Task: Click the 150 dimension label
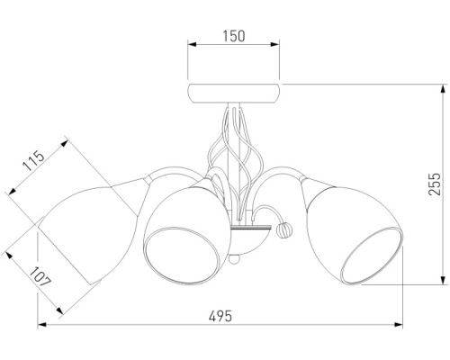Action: pos(234,36)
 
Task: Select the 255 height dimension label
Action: pos(435,184)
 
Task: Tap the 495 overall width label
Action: pos(220,316)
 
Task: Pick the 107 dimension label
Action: pos(40,276)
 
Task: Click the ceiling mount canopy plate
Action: pos(234,94)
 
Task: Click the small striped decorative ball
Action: pos(284,230)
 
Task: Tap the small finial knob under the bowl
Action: pos(234,259)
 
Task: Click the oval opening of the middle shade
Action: pos(184,256)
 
